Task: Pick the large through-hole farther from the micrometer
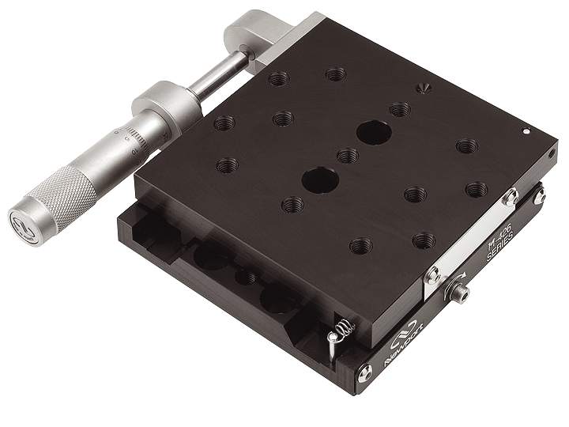pyautogui.click(x=372, y=132)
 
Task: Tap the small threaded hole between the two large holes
pyautogui.click(x=347, y=156)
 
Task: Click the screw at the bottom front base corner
pyautogui.click(x=364, y=375)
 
